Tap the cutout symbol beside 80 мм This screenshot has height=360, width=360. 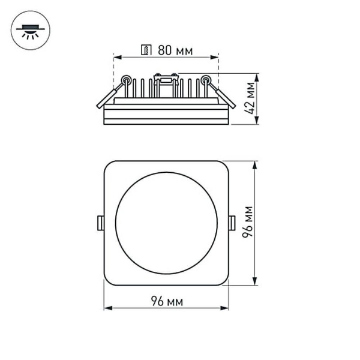click(x=145, y=50)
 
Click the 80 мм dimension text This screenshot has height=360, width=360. click(x=175, y=50)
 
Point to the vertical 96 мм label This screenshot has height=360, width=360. click(x=247, y=222)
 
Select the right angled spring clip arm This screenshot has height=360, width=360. click(x=223, y=96)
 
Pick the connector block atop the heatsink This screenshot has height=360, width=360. click(x=166, y=77)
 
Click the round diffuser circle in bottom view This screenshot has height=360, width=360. click(x=166, y=223)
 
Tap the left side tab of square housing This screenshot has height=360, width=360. click(x=101, y=223)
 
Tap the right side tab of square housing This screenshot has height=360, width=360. click(x=232, y=223)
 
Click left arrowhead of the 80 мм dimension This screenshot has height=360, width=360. click(x=116, y=58)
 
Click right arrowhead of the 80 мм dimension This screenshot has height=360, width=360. click(x=216, y=58)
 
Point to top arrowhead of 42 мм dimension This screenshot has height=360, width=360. click(x=257, y=76)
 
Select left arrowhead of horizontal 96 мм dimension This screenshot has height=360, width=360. click(x=107, y=308)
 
